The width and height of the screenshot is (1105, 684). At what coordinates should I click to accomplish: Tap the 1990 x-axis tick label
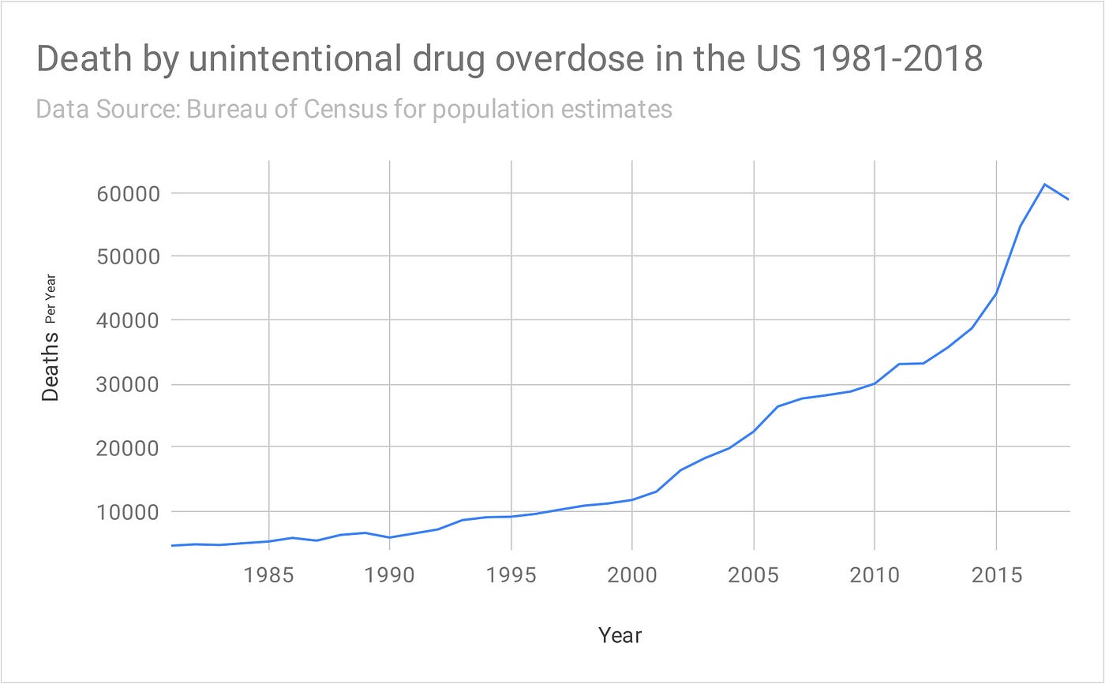[x=390, y=575]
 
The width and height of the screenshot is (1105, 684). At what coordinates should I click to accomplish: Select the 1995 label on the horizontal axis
[x=511, y=575]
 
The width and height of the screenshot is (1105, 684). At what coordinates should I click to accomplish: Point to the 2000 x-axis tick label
[x=632, y=575]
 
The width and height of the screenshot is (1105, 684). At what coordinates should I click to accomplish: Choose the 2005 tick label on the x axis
[x=754, y=575]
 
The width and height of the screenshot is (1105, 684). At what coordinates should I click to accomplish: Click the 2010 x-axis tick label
[x=875, y=575]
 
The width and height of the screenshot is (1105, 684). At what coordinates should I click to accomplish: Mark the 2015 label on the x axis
[x=996, y=575]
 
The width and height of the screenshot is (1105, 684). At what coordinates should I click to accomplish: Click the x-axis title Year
[x=620, y=635]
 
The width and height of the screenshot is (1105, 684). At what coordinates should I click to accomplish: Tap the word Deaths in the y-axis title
[x=51, y=366]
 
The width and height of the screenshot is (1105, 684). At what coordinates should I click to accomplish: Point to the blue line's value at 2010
[x=875, y=383]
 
